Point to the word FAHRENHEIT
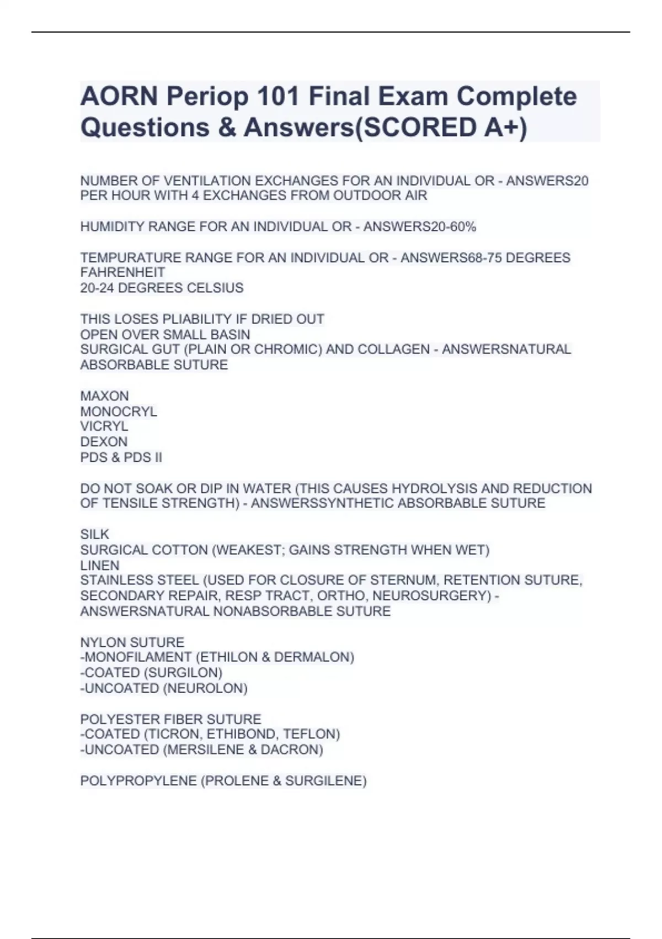[122, 273]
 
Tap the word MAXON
[104, 396]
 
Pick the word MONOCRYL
[119, 412]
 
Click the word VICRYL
[104, 426]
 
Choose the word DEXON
[104, 442]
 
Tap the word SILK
[94, 535]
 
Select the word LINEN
[99, 566]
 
